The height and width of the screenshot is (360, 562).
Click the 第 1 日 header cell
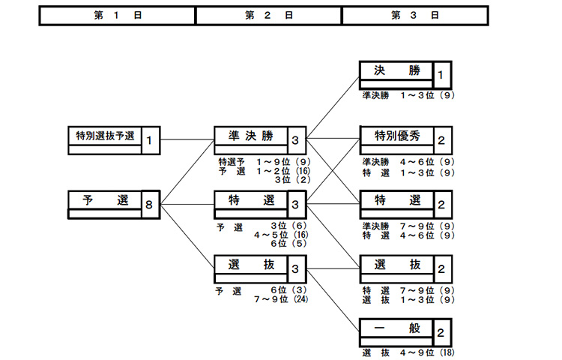pyautogui.click(x=117, y=16)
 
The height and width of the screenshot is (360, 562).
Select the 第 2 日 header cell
pyautogui.click(x=268, y=16)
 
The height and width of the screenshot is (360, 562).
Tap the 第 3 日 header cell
pyautogui.click(x=414, y=16)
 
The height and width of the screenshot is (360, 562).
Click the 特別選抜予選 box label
pyautogui.click(x=105, y=136)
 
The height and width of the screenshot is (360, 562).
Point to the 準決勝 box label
pyautogui.click(x=250, y=136)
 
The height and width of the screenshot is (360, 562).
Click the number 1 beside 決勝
pyautogui.click(x=441, y=75)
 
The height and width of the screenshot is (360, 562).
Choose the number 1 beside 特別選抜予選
pyautogui.click(x=150, y=139)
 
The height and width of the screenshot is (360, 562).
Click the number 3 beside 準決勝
pyautogui.click(x=296, y=139)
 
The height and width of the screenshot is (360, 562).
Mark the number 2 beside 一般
pyautogui.click(x=441, y=331)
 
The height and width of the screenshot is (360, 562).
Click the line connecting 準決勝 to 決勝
pyautogui.click(x=333, y=106)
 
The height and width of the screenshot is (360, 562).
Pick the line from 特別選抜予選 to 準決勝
pyautogui.click(x=187, y=139)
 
